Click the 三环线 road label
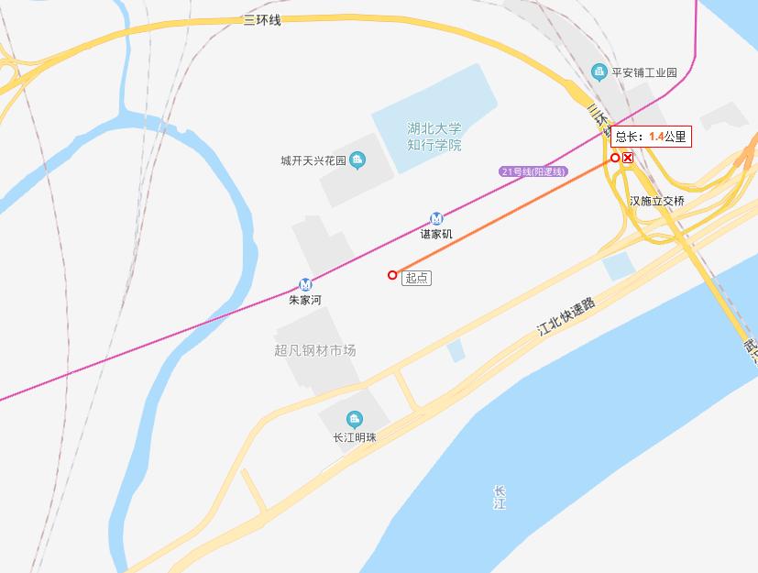(261, 20)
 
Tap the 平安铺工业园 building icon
(599, 72)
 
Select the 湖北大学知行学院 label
(434, 137)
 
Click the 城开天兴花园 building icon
(357, 161)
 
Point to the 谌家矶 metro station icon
(436, 218)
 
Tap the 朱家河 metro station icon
(305, 284)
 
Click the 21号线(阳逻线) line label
(534, 171)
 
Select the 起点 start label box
(416, 277)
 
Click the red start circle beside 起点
(392, 275)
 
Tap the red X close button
(628, 158)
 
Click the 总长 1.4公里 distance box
(650, 137)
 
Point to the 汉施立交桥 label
(656, 201)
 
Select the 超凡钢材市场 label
(314, 350)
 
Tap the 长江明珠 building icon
(354, 420)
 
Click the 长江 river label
(499, 497)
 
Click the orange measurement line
(504, 216)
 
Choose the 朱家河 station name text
(305, 300)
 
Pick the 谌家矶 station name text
(436, 234)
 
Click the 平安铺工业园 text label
(644, 72)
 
